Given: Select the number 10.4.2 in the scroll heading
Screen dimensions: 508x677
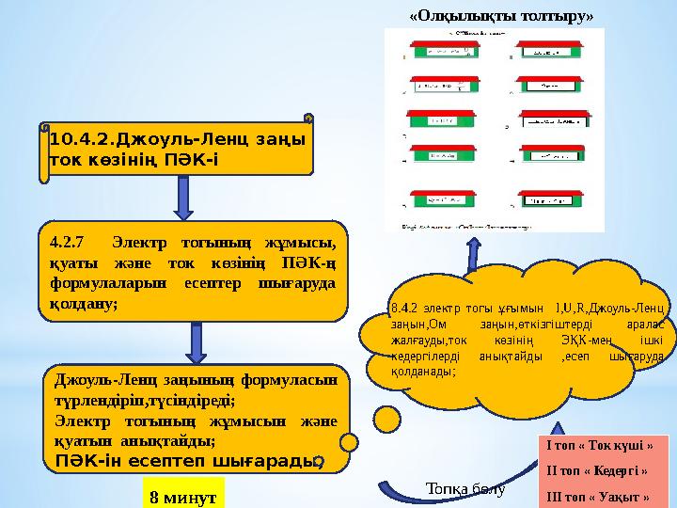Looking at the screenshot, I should [x=79, y=139].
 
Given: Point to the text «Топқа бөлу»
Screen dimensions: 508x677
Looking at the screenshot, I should [x=465, y=489].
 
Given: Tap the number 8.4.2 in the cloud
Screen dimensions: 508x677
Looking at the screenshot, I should [x=406, y=307].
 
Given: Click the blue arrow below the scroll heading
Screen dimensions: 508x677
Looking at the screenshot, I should [x=185, y=199].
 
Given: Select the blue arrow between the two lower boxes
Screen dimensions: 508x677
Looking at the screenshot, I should [x=196, y=343].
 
